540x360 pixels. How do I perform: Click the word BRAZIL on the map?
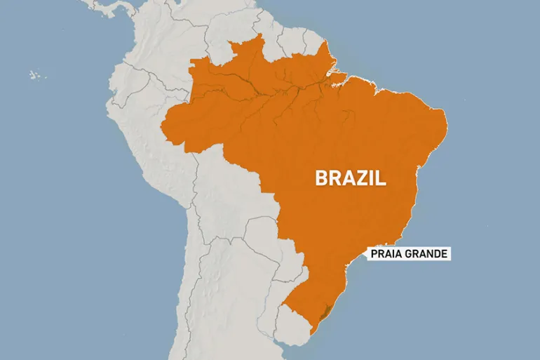coord(351,178)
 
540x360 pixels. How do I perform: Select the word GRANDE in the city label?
coord(424,254)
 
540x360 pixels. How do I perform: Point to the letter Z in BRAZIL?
coord(361,178)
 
